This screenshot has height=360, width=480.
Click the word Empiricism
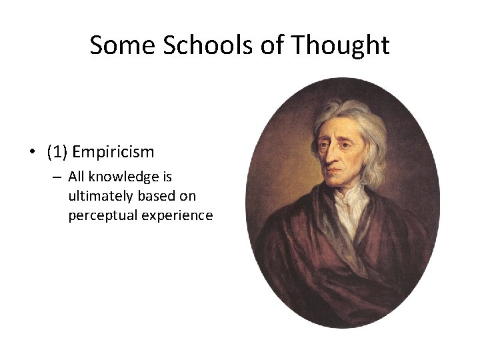click(113, 152)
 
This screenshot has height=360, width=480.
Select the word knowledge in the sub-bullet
click(125, 178)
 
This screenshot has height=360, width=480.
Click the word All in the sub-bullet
click(76, 178)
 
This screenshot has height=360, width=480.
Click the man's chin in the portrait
click(337, 186)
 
